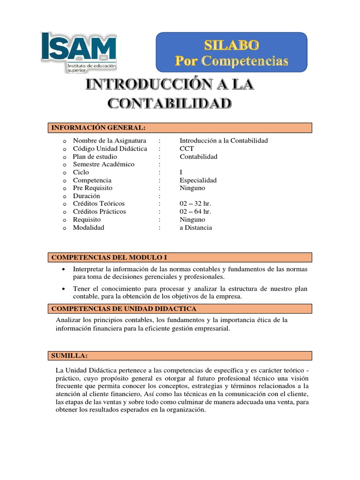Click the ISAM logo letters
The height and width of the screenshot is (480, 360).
click(x=78, y=47)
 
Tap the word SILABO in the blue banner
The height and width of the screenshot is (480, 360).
click(x=231, y=45)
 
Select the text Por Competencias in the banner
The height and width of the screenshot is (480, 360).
click(x=231, y=60)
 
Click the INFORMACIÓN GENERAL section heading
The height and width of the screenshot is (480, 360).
click(x=98, y=127)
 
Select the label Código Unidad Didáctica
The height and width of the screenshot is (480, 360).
click(x=110, y=149)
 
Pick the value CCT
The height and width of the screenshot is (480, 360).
click(x=187, y=149)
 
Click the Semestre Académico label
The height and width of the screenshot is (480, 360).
click(x=103, y=165)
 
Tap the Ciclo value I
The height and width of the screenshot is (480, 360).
click(x=181, y=172)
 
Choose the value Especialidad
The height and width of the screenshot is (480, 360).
click(x=198, y=180)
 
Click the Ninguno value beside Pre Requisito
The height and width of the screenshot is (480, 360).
click(x=192, y=188)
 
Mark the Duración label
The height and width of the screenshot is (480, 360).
click(x=86, y=196)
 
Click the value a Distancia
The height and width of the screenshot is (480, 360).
click(x=196, y=228)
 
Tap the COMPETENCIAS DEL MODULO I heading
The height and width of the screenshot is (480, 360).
click(x=109, y=257)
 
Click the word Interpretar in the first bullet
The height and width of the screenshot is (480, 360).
click(x=89, y=269)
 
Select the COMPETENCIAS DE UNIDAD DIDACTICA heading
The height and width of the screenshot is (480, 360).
click(x=123, y=308)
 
